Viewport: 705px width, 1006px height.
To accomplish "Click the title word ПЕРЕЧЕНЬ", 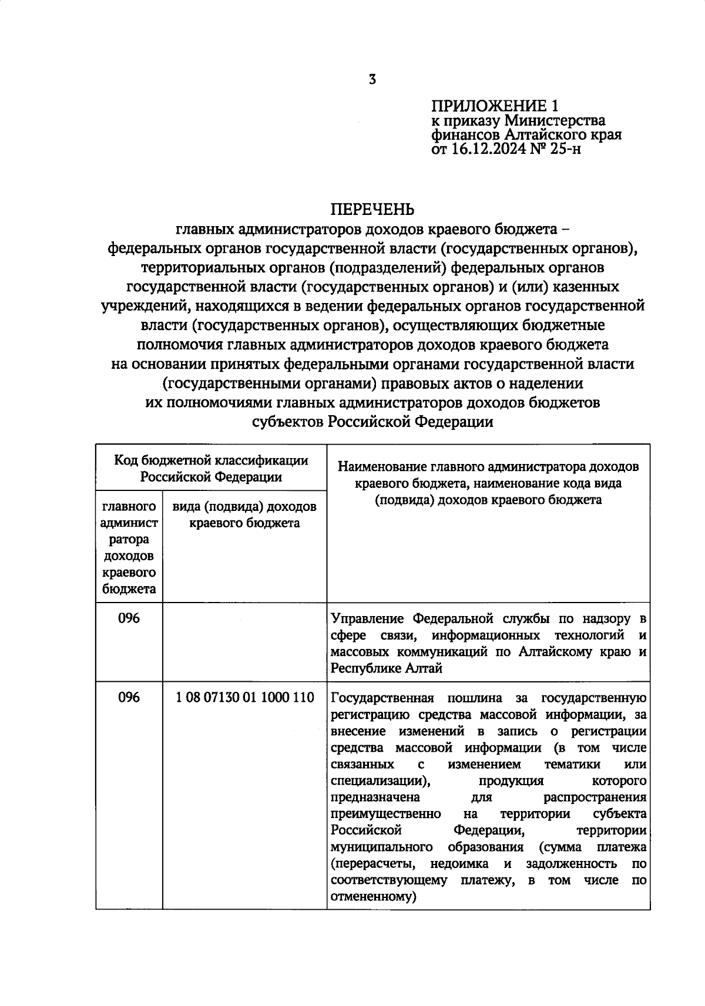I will (372, 210).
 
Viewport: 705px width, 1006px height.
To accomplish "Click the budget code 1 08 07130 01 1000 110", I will (245, 698).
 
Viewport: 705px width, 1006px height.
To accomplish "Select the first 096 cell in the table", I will (129, 618).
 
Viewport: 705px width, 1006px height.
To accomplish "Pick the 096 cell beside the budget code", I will (129, 698).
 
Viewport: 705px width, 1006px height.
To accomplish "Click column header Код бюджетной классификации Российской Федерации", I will (211, 468).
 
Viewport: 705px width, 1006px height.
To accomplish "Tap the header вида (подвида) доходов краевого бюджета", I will (244, 514).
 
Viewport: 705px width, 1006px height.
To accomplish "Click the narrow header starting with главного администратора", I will (129, 547).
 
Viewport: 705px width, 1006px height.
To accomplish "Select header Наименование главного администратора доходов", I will (488, 467).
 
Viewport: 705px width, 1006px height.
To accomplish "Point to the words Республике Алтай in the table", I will (387, 668).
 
